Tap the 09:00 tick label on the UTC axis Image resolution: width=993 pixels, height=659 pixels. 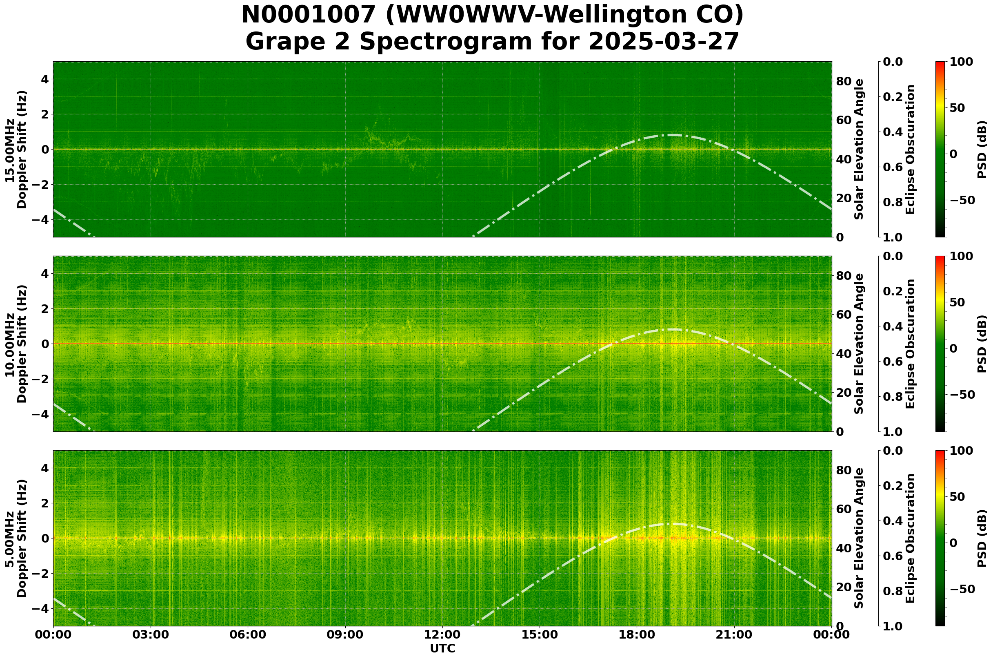pyautogui.click(x=345, y=634)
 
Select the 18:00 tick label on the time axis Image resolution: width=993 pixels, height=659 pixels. pyautogui.click(x=637, y=634)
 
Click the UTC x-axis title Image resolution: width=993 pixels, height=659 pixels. pyautogui.click(x=442, y=648)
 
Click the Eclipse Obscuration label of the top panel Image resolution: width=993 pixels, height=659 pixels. pyautogui.click(x=910, y=150)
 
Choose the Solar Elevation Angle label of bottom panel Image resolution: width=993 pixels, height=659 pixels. pyautogui.click(x=859, y=538)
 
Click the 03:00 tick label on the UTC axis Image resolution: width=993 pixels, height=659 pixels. pyautogui.click(x=150, y=634)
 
